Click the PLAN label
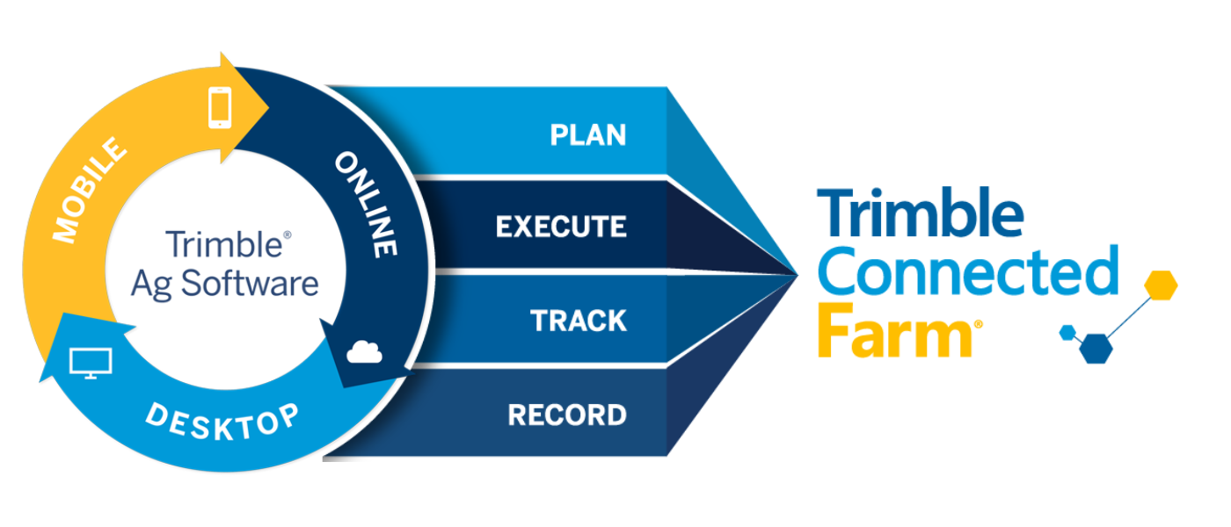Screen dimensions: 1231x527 click(587, 134)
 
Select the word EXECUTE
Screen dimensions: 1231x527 click(561, 227)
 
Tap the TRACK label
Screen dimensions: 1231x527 click(579, 321)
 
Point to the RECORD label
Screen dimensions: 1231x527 click(567, 415)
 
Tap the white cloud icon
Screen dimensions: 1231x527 click(365, 352)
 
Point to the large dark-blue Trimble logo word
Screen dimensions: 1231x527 click(920, 214)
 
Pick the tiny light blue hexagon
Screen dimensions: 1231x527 click(1067, 332)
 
